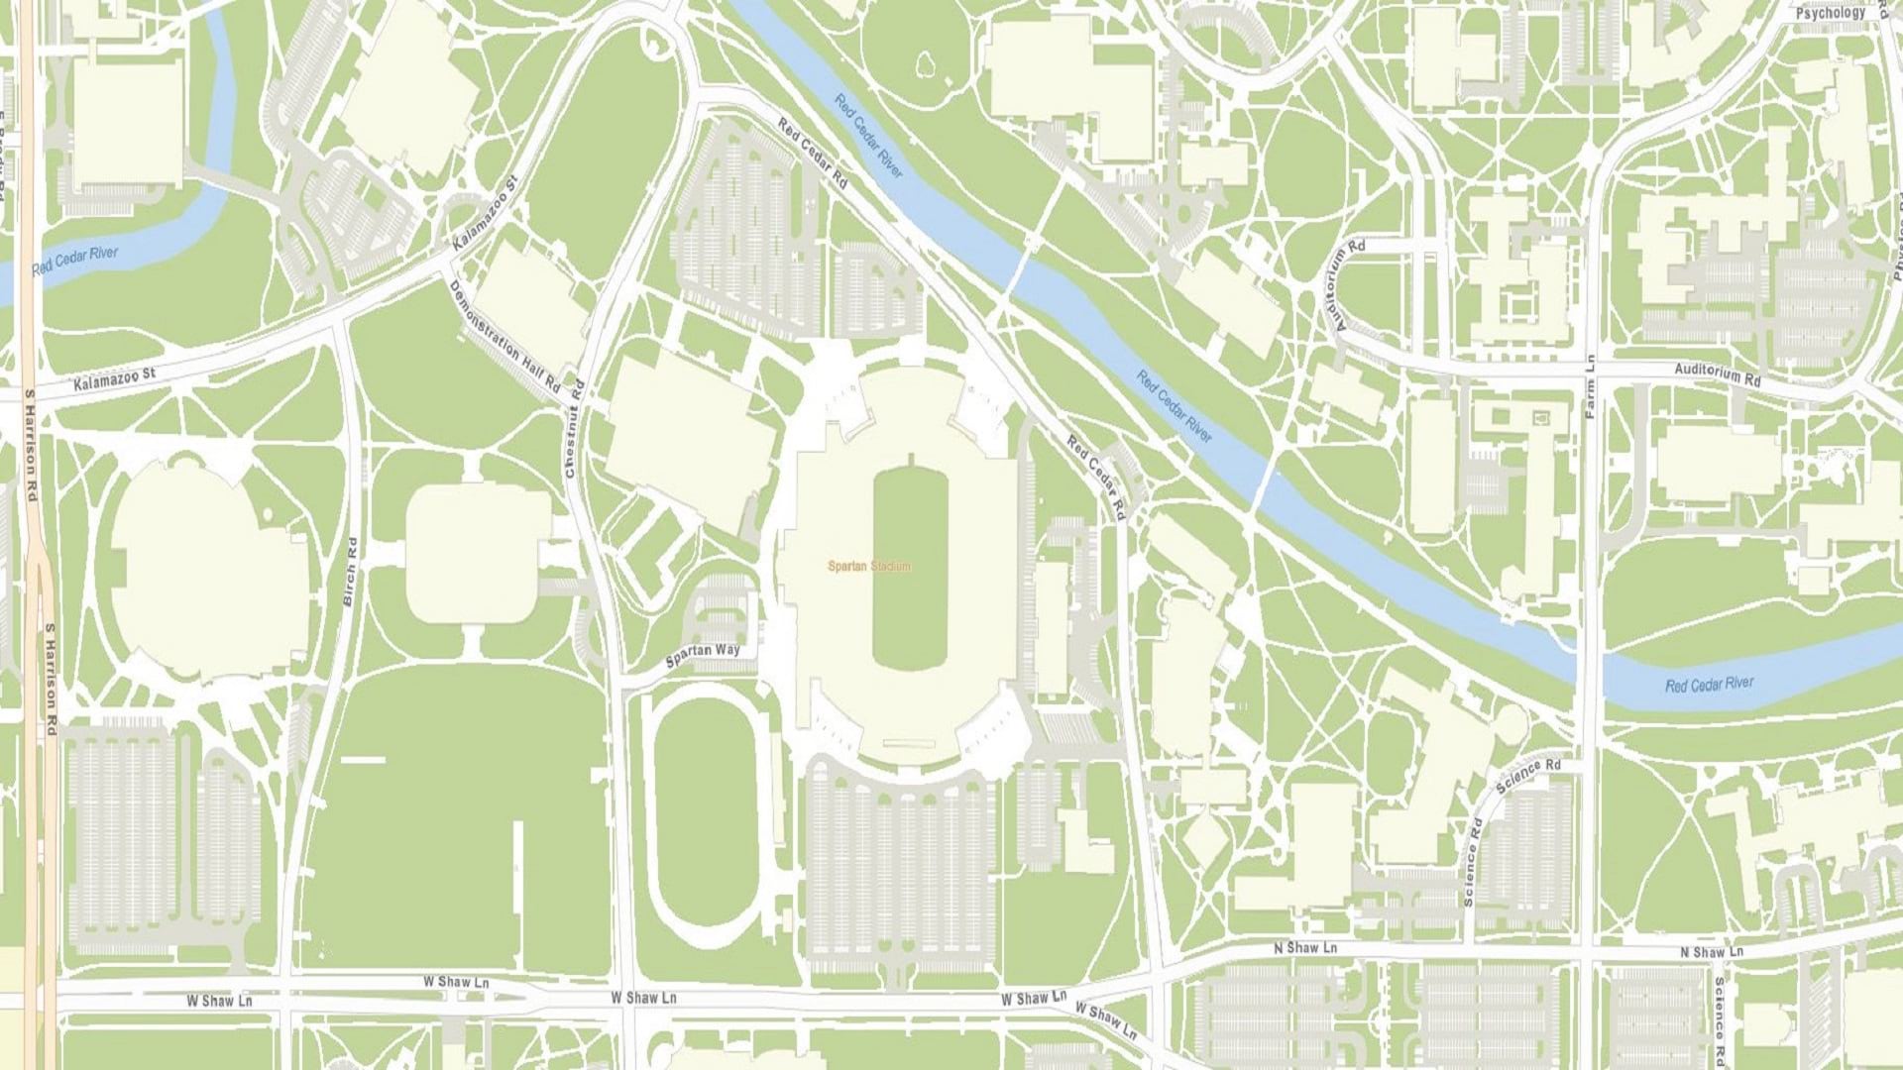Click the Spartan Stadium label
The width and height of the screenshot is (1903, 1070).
click(x=868, y=567)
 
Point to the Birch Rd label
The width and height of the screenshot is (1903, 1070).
click(x=349, y=572)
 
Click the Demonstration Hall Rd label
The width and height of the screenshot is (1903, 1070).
click(x=504, y=340)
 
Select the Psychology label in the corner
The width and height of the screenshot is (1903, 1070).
click(x=1830, y=14)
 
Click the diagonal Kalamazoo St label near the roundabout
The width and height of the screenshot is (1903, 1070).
click(x=486, y=214)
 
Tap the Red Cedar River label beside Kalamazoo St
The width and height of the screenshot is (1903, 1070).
click(x=74, y=261)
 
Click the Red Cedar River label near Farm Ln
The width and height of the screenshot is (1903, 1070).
click(x=1709, y=685)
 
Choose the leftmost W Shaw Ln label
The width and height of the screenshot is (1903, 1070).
click(x=219, y=1001)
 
